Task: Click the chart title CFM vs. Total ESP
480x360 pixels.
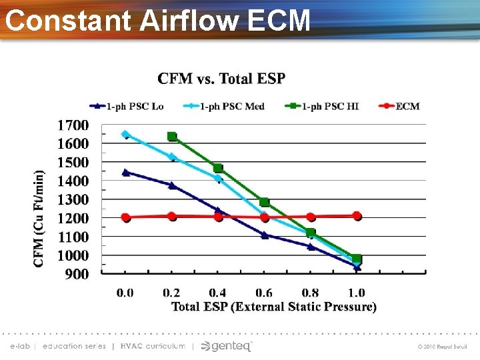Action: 221,79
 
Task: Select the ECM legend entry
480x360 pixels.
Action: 398,106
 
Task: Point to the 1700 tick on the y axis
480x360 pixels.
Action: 73,125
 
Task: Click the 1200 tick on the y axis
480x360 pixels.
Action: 73,218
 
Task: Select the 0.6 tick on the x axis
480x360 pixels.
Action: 264,293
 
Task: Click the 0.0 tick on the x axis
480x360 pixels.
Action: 125,293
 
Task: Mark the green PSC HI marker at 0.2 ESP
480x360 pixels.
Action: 172,137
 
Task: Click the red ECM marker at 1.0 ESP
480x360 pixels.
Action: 357,216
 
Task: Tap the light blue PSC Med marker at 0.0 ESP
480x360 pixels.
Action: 125,135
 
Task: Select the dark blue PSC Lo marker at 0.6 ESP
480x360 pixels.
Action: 265,235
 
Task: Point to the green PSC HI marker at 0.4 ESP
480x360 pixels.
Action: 218,168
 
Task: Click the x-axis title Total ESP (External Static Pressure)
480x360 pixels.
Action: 274,307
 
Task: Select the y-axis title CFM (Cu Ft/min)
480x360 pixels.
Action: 40,218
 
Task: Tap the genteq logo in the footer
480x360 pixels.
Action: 227,346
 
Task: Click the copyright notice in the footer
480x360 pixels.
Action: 443,347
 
